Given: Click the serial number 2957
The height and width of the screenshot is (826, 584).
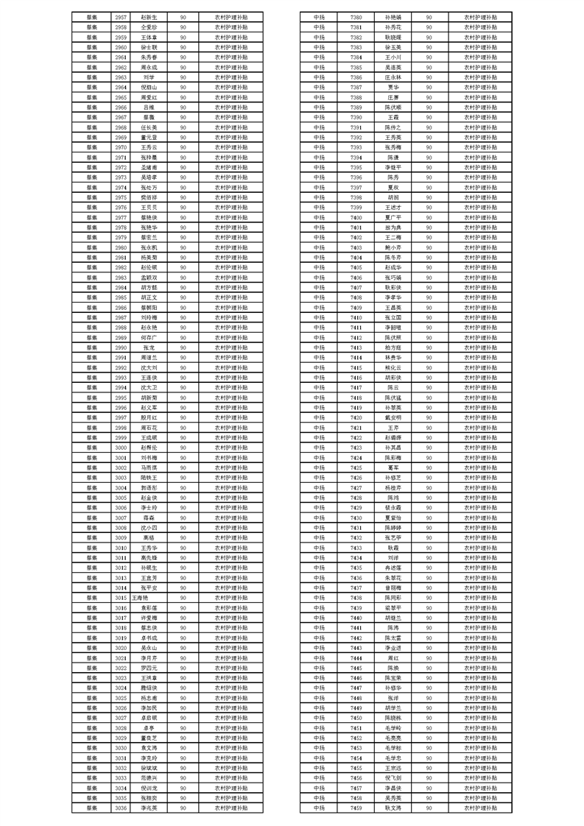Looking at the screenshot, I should pyautogui.click(x=121, y=16).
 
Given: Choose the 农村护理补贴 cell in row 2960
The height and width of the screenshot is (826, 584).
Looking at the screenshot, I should pyautogui.click(x=231, y=46).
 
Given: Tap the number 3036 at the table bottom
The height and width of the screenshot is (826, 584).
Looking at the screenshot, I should pyautogui.click(x=121, y=808).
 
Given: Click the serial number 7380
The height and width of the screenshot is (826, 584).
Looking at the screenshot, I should pyautogui.click(x=356, y=16).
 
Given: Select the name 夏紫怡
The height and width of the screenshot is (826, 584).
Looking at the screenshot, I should pyautogui.click(x=393, y=518).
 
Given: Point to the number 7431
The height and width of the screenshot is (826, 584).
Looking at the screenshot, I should pyautogui.click(x=356, y=528).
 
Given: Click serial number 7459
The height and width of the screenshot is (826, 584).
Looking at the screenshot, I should pyautogui.click(x=356, y=808).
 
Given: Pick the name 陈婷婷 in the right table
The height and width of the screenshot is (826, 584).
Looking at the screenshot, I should pyautogui.click(x=393, y=528).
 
